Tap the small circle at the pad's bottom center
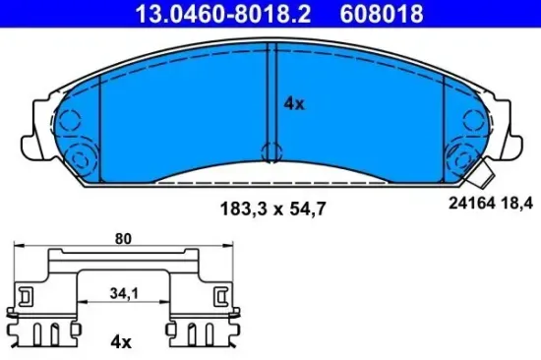pyautogui.click(x=270, y=151)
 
